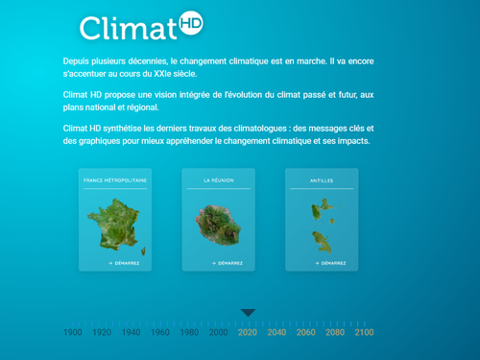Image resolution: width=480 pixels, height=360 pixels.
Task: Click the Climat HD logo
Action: (140, 27)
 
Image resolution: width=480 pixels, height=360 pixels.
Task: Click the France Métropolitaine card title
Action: (114, 180)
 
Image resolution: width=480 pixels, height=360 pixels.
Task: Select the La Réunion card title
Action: (218, 180)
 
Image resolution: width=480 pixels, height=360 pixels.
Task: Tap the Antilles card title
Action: (322, 180)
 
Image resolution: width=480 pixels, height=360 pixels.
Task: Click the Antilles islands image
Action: (321, 227)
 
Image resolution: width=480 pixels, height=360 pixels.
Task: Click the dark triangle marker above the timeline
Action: (248, 312)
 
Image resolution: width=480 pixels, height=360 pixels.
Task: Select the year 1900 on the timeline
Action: (73, 332)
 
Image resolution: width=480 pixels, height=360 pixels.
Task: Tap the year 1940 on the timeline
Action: (132, 332)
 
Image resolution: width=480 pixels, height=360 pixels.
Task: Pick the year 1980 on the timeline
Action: (189, 332)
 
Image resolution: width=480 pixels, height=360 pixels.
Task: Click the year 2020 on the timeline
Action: (248, 332)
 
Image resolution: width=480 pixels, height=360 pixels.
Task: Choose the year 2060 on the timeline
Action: (305, 332)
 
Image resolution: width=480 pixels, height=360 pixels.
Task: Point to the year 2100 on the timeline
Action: (364, 332)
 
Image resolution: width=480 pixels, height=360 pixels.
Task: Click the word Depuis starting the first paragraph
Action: (79, 61)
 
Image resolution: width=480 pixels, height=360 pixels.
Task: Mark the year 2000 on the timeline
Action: (219, 332)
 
